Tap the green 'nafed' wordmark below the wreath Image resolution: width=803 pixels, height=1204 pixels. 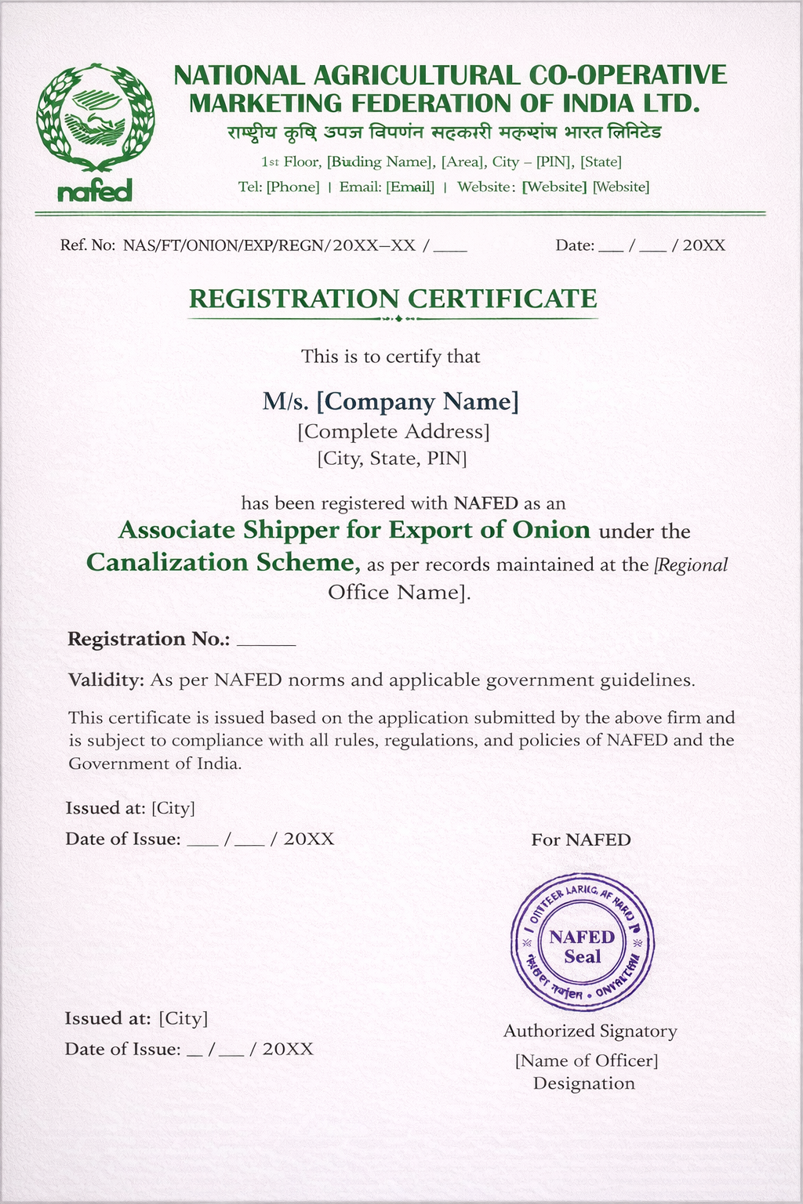[x=95, y=190]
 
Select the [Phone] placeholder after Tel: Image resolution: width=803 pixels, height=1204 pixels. [x=293, y=187]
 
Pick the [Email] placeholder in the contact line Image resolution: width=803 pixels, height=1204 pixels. [x=410, y=187]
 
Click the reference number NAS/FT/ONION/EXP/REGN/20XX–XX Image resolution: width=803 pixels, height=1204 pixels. [x=269, y=245]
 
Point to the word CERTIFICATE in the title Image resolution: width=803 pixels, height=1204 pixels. [x=503, y=299]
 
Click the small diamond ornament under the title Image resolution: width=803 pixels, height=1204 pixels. [x=399, y=318]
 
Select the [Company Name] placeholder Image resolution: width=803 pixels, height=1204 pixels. [x=417, y=402]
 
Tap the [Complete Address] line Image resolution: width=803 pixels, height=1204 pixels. [x=394, y=431]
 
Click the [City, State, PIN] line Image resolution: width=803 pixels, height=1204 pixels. [x=392, y=458]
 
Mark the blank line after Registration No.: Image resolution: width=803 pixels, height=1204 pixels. [x=266, y=641]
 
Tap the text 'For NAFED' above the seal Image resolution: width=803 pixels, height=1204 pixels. [x=581, y=840]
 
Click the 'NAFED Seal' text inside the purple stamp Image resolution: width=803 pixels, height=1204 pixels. [x=582, y=946]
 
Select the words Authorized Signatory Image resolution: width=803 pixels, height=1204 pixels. [x=590, y=1031]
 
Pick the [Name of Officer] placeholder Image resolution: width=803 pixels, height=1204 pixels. [x=587, y=1061]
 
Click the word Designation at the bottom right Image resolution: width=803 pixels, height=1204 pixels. [x=584, y=1083]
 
